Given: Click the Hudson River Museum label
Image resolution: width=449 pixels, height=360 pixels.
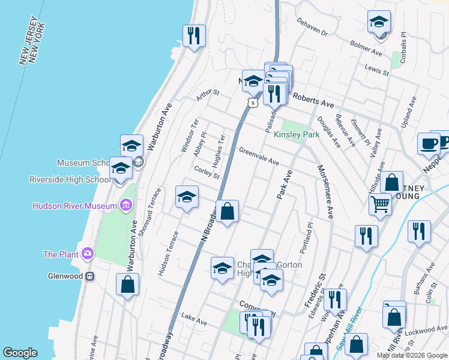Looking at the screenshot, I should (x=76, y=206).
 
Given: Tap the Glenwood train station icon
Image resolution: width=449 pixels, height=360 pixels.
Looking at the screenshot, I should (x=89, y=277).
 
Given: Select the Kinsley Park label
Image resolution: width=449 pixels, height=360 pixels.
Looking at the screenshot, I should (x=297, y=135).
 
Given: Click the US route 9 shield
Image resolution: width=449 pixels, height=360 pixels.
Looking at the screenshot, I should (x=254, y=103).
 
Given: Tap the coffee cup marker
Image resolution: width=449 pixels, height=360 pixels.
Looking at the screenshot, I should (x=429, y=144).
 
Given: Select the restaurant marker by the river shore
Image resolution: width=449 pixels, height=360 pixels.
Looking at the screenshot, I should (x=194, y=35).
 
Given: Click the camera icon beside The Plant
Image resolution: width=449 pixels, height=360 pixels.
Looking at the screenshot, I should (x=88, y=254).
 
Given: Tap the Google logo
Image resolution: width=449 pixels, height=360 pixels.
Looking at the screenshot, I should (x=20, y=353).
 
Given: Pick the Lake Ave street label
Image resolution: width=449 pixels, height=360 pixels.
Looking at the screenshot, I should (x=194, y=321).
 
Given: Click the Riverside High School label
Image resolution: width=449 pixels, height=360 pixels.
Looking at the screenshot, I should (x=69, y=179).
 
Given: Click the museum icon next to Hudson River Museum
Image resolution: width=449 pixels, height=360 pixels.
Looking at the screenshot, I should (x=125, y=206).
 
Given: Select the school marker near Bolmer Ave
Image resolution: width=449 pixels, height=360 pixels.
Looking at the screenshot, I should (x=379, y=23).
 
